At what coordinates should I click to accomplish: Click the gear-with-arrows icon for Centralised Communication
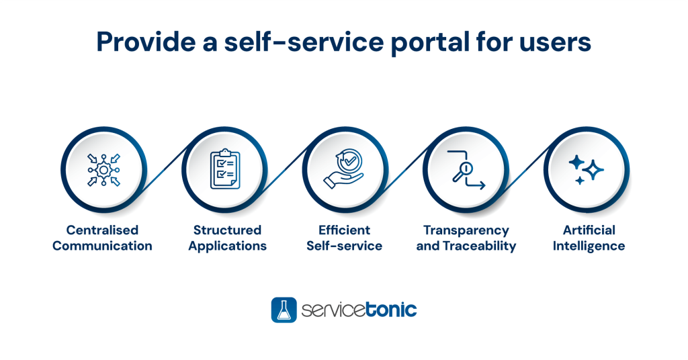103,169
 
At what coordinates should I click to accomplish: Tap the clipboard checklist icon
224,169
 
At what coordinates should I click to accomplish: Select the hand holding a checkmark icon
345,169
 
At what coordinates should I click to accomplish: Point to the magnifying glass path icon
466,169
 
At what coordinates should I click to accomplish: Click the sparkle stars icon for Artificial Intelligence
586,169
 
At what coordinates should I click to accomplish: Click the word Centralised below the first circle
102,230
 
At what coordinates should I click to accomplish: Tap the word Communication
102,246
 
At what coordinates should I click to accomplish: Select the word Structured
227,230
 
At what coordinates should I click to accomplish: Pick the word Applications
227,246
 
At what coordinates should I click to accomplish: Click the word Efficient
345,230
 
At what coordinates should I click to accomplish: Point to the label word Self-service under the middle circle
345,246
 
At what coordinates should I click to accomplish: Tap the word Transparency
466,230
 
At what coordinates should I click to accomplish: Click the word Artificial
589,230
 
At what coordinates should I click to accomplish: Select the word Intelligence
589,246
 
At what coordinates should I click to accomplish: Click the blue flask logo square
284,310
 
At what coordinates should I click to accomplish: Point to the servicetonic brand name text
359,310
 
